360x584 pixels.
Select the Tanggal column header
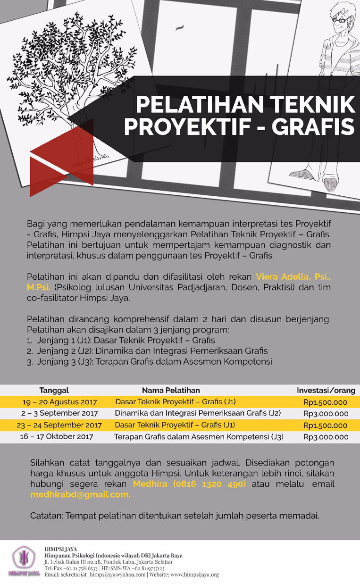coord(54,391)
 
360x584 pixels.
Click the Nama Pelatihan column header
coord(171,391)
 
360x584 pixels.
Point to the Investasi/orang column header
coord(326,391)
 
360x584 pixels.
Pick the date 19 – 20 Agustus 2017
coord(59,402)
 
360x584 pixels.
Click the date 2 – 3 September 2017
coord(59,414)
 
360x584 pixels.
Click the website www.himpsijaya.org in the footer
coord(194,575)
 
